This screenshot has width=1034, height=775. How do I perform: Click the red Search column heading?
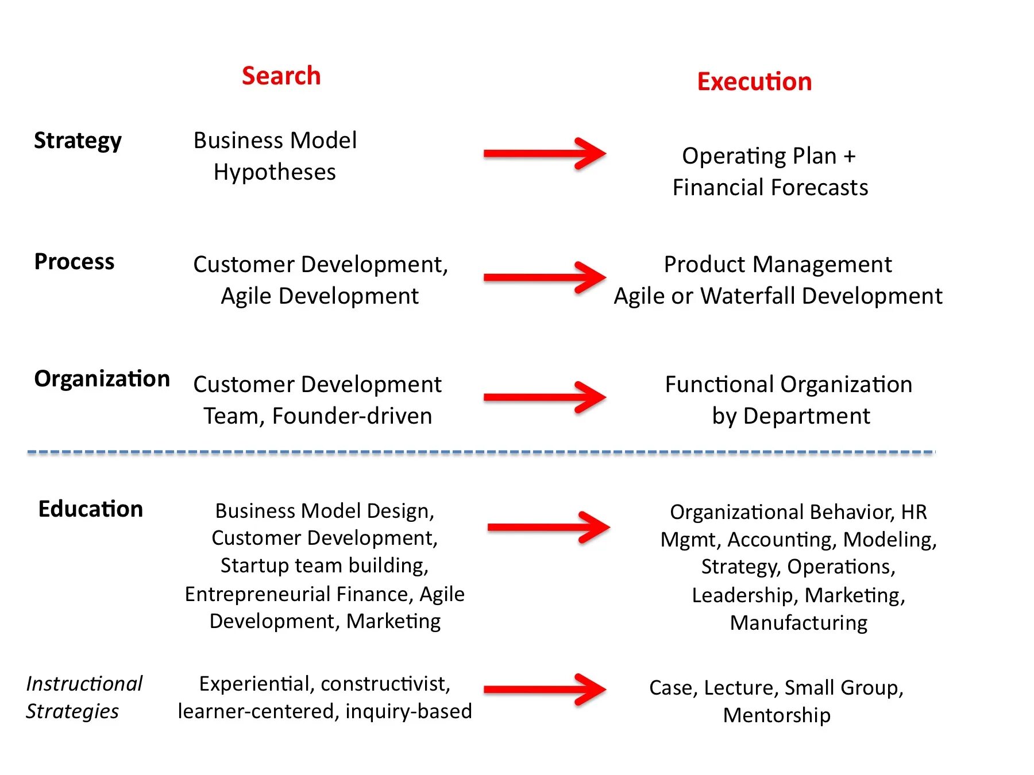tap(281, 76)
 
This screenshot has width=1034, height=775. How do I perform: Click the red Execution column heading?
tap(754, 82)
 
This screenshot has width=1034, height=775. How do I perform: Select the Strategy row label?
tap(78, 141)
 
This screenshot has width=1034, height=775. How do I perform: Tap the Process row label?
tap(74, 262)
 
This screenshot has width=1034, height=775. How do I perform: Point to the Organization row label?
tap(102, 379)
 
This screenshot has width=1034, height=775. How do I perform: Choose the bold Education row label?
tap(90, 509)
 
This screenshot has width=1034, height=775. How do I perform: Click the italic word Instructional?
tap(84, 684)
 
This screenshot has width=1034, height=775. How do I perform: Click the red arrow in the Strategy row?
tap(544, 154)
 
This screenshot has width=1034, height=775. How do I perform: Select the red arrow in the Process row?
tap(544, 278)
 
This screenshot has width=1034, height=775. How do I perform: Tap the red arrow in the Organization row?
tap(544, 397)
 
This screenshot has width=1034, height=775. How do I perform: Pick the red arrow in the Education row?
tap(548, 527)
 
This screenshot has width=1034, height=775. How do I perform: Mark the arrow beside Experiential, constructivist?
tap(544, 689)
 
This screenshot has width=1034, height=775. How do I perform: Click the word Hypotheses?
tap(275, 172)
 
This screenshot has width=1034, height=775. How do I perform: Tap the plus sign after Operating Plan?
tap(850, 156)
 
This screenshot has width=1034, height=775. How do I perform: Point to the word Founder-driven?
tap(352, 416)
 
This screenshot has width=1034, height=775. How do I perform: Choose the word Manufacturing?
tap(798, 623)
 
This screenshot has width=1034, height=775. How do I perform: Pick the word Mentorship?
tap(777, 715)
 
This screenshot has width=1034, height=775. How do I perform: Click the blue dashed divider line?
tap(481, 452)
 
